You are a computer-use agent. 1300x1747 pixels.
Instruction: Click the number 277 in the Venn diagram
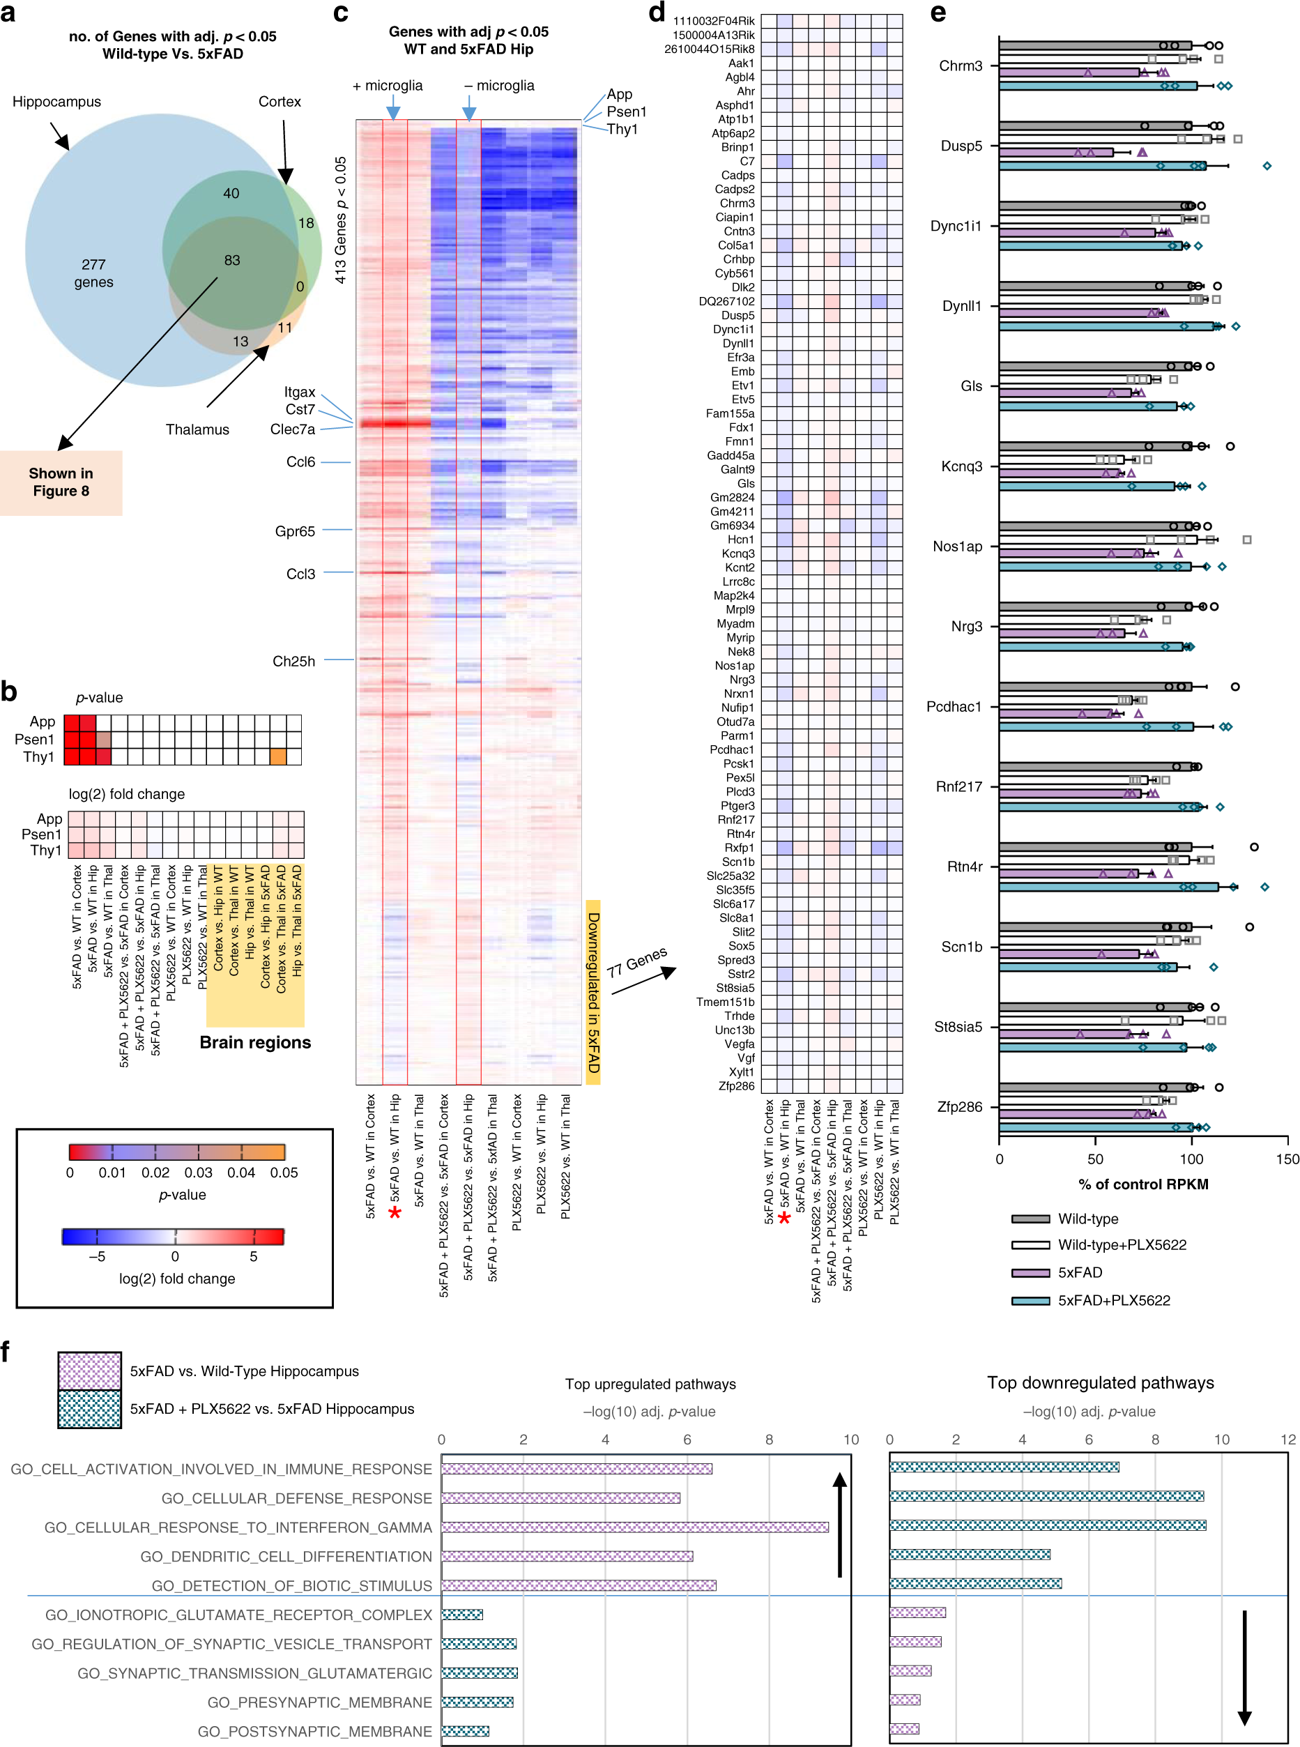coord(93,264)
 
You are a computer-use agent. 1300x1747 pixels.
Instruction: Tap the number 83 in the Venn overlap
coord(231,261)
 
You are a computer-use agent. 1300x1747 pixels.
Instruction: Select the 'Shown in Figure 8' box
coord(61,482)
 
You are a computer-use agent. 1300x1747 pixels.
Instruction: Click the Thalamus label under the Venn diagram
coord(197,429)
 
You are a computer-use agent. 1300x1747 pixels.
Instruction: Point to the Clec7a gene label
coord(292,429)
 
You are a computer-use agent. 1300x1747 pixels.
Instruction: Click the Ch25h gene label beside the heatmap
coord(293,662)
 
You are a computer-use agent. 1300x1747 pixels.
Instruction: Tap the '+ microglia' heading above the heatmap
coord(387,86)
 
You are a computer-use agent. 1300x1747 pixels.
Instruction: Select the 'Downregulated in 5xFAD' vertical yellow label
coord(593,992)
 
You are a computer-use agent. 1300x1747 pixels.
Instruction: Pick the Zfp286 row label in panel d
coord(736,1087)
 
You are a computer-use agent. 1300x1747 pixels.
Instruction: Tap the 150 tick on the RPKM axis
coord(1287,1159)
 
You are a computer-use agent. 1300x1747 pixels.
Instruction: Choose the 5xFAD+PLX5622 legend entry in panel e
coord(1113,1301)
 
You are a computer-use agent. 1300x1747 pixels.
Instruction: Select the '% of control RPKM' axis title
coord(1142,1184)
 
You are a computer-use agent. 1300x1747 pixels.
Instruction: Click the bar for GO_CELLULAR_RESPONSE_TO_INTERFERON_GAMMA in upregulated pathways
coord(634,1527)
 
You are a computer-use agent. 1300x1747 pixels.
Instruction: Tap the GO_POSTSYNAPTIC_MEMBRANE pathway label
coord(315,1731)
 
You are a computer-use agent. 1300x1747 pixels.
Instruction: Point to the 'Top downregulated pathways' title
coord(1100,1382)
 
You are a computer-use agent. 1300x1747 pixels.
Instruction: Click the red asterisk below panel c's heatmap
coord(395,1214)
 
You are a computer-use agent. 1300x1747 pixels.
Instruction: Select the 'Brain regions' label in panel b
coord(255,1043)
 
